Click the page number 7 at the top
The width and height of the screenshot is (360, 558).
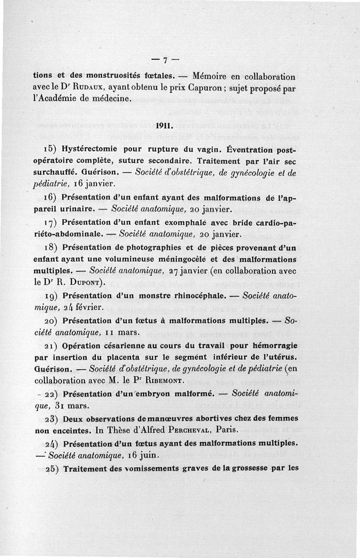point(165,60)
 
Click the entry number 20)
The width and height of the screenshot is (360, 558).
point(42,321)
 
